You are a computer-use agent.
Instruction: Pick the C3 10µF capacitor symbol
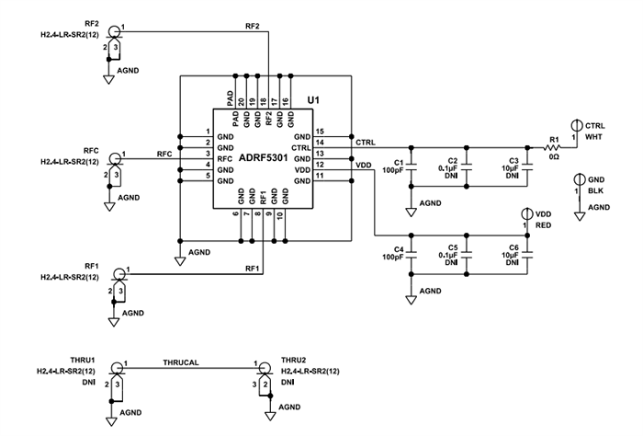527,167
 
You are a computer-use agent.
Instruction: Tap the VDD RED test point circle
527,213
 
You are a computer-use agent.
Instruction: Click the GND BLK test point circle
579,178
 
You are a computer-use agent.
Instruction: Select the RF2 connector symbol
115,32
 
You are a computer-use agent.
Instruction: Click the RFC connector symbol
115,159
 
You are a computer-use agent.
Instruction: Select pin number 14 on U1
320,143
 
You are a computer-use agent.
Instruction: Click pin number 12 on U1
320,165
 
